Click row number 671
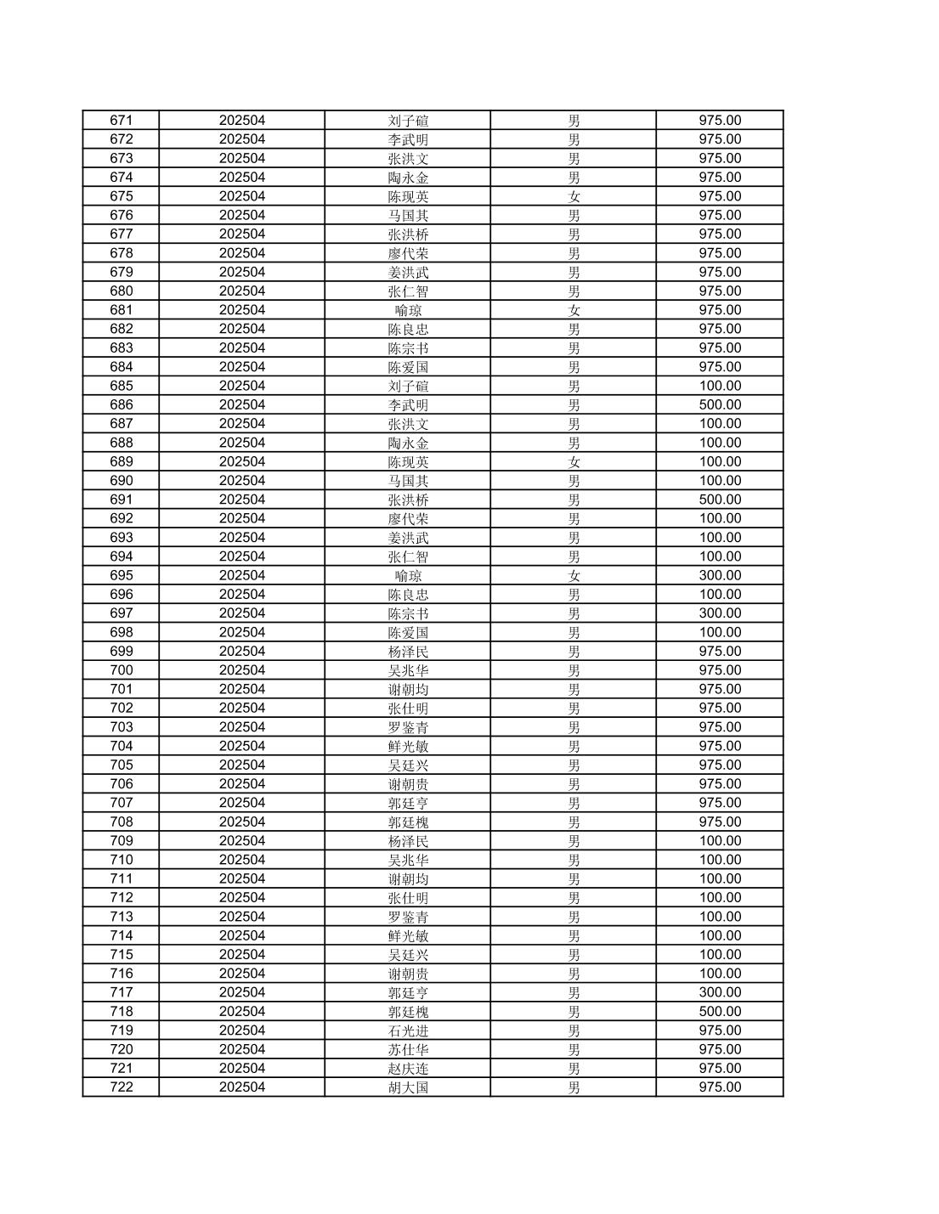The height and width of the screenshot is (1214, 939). pyautogui.click(x=122, y=121)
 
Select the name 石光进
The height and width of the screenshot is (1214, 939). pyautogui.click(x=408, y=1030)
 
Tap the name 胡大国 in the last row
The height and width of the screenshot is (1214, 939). pyautogui.click(x=408, y=1087)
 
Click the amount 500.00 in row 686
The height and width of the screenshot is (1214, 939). pyautogui.click(x=720, y=405)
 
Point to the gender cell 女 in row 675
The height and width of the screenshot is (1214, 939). pyautogui.click(x=574, y=196)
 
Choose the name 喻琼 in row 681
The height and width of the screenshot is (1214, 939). pyautogui.click(x=408, y=310)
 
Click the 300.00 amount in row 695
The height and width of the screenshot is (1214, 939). pyautogui.click(x=720, y=576)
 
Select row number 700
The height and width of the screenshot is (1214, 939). pyautogui.click(x=122, y=670)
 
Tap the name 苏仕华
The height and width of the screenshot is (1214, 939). pyautogui.click(x=408, y=1049)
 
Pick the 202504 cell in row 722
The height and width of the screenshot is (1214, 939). pyautogui.click(x=242, y=1087)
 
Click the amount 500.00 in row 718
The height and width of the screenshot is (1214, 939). pyautogui.click(x=720, y=1012)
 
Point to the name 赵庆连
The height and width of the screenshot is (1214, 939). pyautogui.click(x=408, y=1069)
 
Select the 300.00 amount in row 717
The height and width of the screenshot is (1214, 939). pyautogui.click(x=720, y=992)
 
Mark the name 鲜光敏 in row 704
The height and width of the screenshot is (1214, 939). pyautogui.click(x=408, y=746)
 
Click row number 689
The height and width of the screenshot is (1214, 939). pyautogui.click(x=122, y=462)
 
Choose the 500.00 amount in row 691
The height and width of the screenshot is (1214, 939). pyautogui.click(x=720, y=500)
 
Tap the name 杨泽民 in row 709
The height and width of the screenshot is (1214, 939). pyautogui.click(x=408, y=841)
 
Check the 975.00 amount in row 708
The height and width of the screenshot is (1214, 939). pyautogui.click(x=720, y=822)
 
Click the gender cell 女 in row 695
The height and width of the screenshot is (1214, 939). pyautogui.click(x=574, y=576)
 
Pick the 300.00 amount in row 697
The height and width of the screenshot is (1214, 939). pyautogui.click(x=720, y=613)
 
